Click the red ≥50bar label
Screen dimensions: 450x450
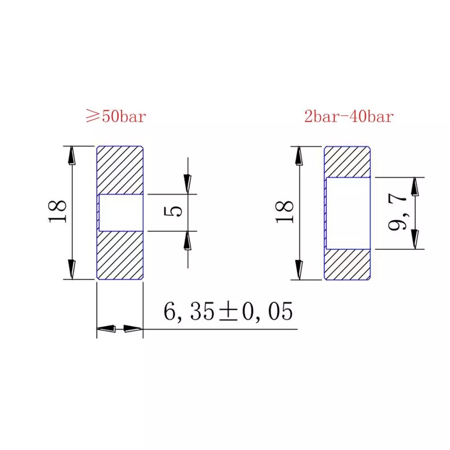click(116, 116)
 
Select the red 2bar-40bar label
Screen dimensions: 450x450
click(349, 116)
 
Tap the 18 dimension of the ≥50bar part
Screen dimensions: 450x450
click(58, 211)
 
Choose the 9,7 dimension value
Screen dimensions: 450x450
click(397, 212)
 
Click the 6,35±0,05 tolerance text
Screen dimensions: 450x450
click(228, 311)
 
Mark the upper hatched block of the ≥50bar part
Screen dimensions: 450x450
click(120, 170)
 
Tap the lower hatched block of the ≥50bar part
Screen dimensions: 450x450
click(120, 255)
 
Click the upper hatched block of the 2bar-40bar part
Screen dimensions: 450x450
click(347, 162)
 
